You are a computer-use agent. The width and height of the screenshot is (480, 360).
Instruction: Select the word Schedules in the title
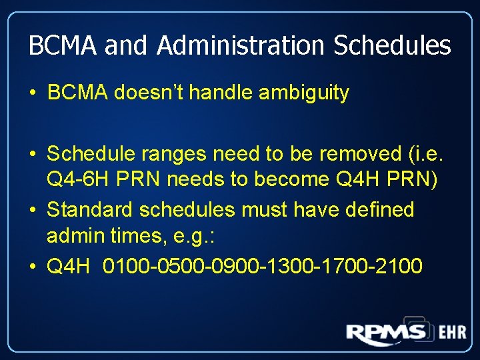pos(392,46)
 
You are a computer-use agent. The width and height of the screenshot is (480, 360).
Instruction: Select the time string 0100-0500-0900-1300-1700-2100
pos(263,266)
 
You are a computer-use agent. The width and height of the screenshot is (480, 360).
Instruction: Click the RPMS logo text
pos(386,333)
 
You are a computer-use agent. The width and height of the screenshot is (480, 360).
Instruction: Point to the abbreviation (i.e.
pos(426,154)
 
